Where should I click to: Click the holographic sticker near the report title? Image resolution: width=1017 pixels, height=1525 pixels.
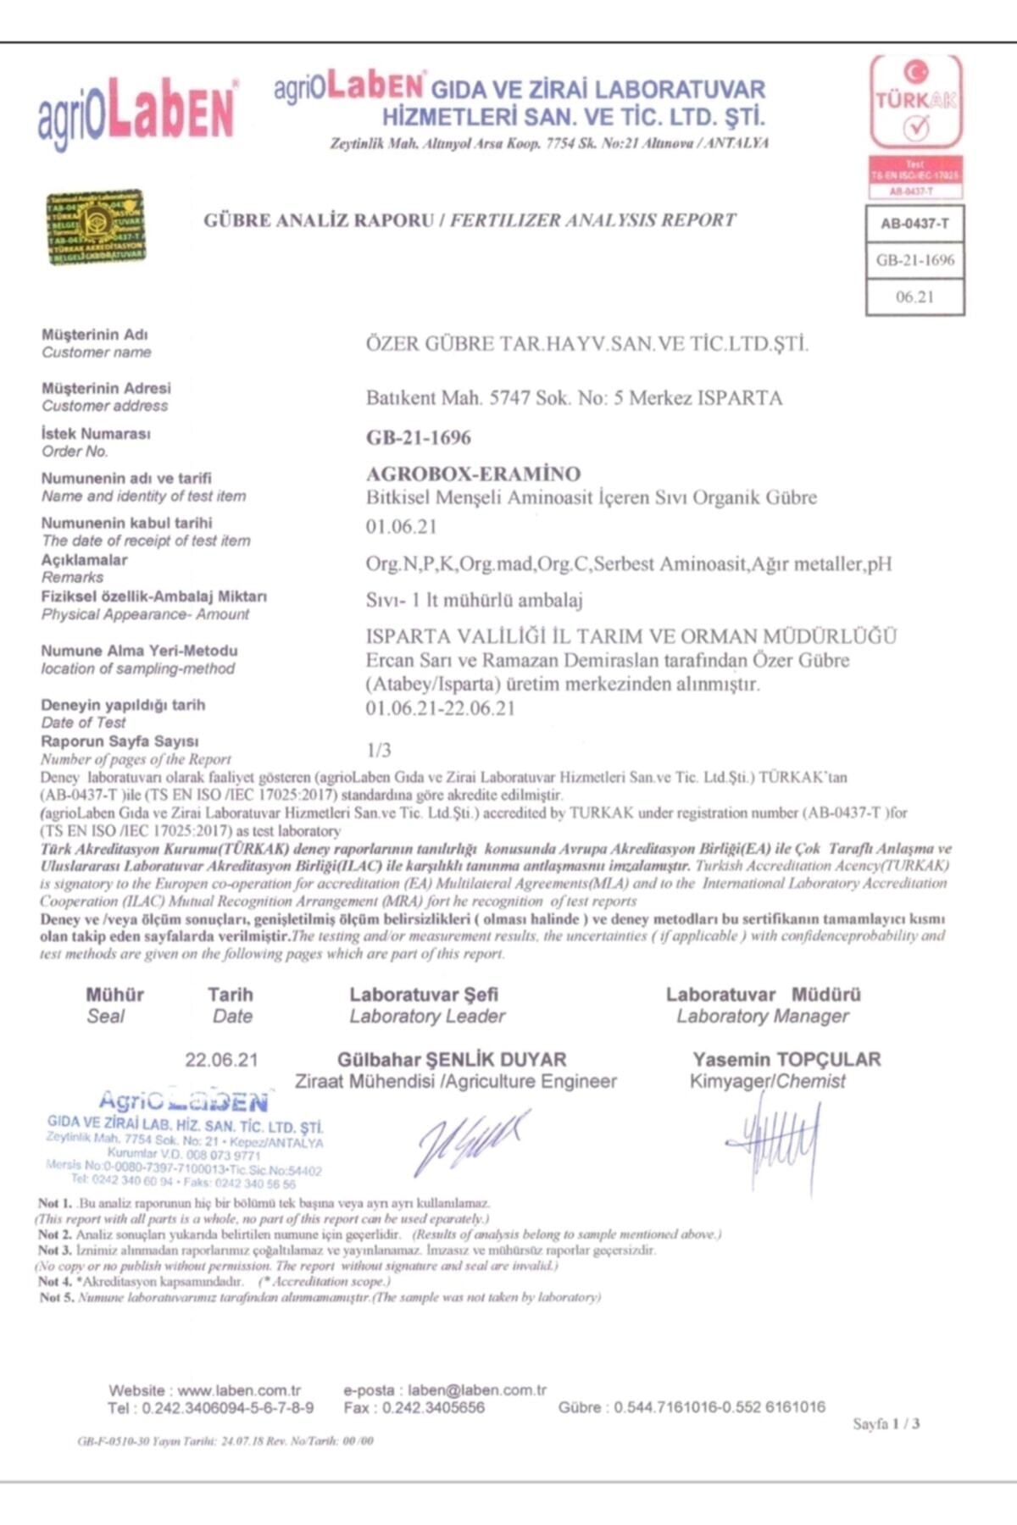(95, 227)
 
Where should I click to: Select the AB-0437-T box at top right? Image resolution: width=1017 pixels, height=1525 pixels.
(914, 224)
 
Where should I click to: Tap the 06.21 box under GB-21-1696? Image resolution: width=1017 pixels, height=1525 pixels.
(914, 297)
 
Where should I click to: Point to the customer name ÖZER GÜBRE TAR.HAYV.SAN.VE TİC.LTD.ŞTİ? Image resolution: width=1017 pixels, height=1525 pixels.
(586, 344)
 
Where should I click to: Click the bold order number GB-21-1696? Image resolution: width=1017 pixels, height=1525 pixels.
(419, 437)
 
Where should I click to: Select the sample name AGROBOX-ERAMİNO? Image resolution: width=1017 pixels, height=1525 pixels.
(473, 474)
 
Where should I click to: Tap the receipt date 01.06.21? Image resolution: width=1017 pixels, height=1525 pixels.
(401, 526)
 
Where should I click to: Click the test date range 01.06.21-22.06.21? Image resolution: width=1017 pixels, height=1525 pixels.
(440, 708)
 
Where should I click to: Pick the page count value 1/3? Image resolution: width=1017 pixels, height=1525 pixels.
(379, 750)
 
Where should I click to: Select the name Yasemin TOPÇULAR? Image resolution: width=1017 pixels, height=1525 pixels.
(786, 1059)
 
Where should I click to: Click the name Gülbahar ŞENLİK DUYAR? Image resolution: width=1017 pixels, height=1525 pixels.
(452, 1059)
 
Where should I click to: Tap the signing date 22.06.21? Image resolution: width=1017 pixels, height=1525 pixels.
(221, 1060)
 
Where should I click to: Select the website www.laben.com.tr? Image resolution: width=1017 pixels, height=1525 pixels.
(239, 1390)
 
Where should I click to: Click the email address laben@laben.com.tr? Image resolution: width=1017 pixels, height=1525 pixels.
(477, 1390)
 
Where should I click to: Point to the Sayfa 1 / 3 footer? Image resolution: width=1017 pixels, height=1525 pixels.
(886, 1423)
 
